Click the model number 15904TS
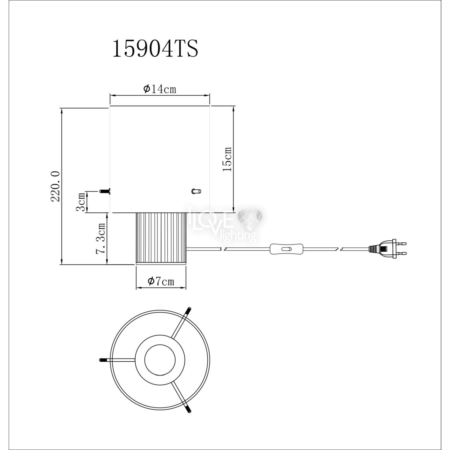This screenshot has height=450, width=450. [x=155, y=49]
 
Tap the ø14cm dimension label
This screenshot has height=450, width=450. [x=160, y=89]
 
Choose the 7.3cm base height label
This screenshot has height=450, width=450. [x=101, y=238]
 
